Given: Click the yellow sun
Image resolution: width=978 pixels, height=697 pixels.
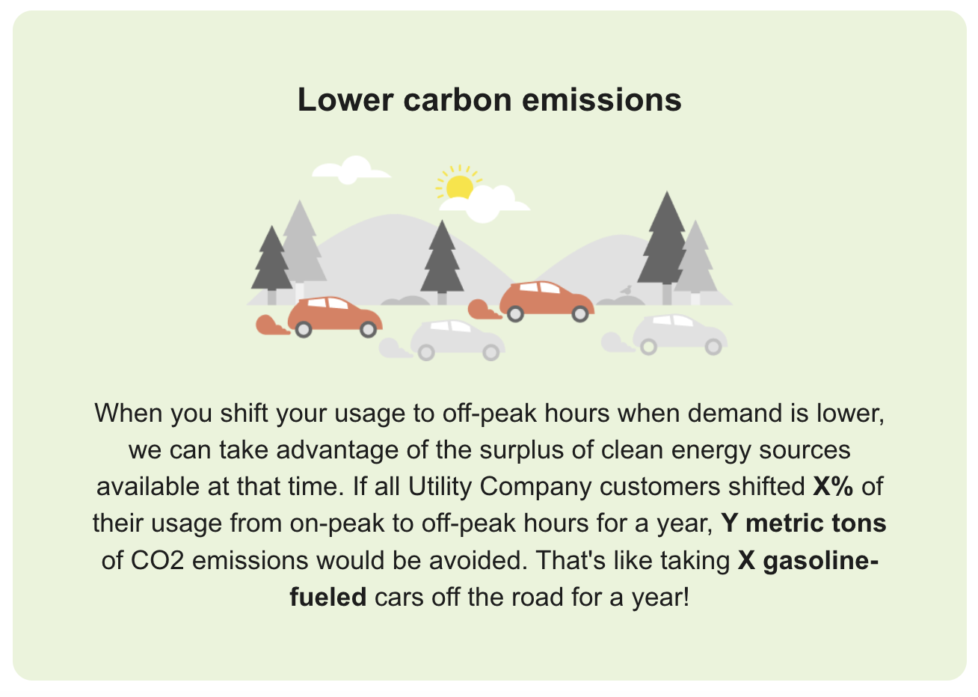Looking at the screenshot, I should [458, 185].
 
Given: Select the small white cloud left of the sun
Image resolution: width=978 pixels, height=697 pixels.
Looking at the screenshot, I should [350, 170].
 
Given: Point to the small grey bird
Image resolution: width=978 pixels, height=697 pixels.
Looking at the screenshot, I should [626, 290].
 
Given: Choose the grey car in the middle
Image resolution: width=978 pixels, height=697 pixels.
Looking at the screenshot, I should [457, 339].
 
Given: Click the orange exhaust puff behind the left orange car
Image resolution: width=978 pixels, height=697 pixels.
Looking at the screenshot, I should [271, 325].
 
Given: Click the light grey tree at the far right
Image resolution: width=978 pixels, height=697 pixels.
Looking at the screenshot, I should [697, 262].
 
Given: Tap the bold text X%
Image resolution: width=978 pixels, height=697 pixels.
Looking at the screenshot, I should [833, 486].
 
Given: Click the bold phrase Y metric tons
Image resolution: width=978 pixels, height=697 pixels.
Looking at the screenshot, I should [803, 523].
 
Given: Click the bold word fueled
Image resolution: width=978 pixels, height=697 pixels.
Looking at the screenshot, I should [327, 597].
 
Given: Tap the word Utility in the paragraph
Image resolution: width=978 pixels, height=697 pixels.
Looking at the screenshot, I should [441, 486].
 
